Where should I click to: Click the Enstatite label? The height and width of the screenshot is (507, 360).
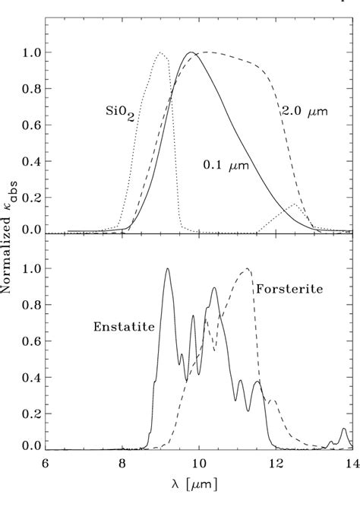125,327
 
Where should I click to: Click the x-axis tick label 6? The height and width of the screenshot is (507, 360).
46,465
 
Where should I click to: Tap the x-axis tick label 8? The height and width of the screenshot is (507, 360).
122,465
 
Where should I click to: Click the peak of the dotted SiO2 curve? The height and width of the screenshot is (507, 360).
160,52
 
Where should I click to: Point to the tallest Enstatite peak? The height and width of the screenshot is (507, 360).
167,269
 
